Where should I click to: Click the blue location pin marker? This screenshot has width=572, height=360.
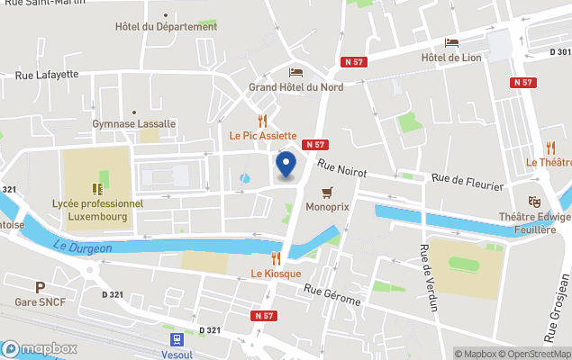286,166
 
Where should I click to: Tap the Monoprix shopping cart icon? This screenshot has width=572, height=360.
327,192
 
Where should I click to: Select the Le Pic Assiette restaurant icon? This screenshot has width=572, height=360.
262,121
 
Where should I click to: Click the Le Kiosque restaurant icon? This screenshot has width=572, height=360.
276,258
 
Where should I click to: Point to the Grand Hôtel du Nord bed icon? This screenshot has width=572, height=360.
295,72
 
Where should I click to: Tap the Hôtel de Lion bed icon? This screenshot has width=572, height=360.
451,42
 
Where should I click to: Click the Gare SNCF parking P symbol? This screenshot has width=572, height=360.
39,287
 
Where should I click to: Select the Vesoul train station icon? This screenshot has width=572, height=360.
178,339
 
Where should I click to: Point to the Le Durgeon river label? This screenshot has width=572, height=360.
81,247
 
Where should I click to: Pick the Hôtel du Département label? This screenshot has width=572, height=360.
167,26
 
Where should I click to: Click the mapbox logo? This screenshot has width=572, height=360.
39,348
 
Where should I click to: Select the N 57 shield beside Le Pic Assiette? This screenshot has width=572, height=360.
314,144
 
